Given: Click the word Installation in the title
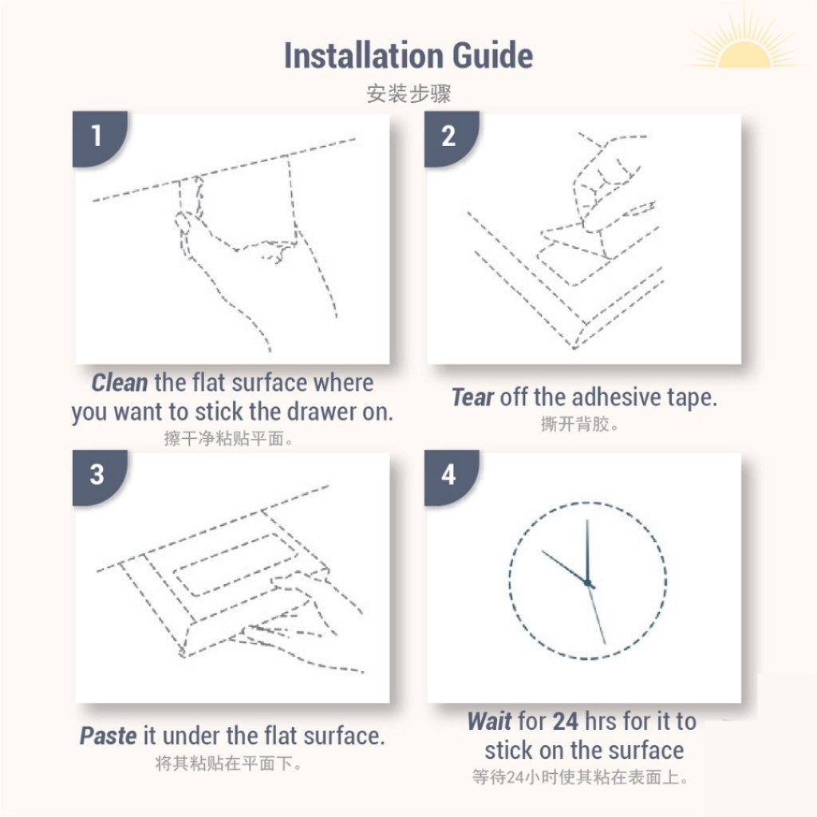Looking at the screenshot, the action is pyautogui.click(x=364, y=55).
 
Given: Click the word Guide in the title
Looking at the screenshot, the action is pyautogui.click(x=493, y=55).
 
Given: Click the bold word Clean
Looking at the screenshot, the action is pyautogui.click(x=120, y=383).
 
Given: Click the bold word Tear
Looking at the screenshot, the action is pyautogui.click(x=472, y=397).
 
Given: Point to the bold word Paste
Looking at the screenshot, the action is pyautogui.click(x=108, y=736).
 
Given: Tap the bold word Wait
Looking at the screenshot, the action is pyautogui.click(x=489, y=721).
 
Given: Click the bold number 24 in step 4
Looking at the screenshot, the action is pyautogui.click(x=565, y=721).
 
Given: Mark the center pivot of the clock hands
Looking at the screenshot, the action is pyautogui.click(x=589, y=583).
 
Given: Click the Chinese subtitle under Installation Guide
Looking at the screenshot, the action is pyautogui.click(x=408, y=94).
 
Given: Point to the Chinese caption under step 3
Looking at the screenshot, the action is pyautogui.click(x=228, y=764).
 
